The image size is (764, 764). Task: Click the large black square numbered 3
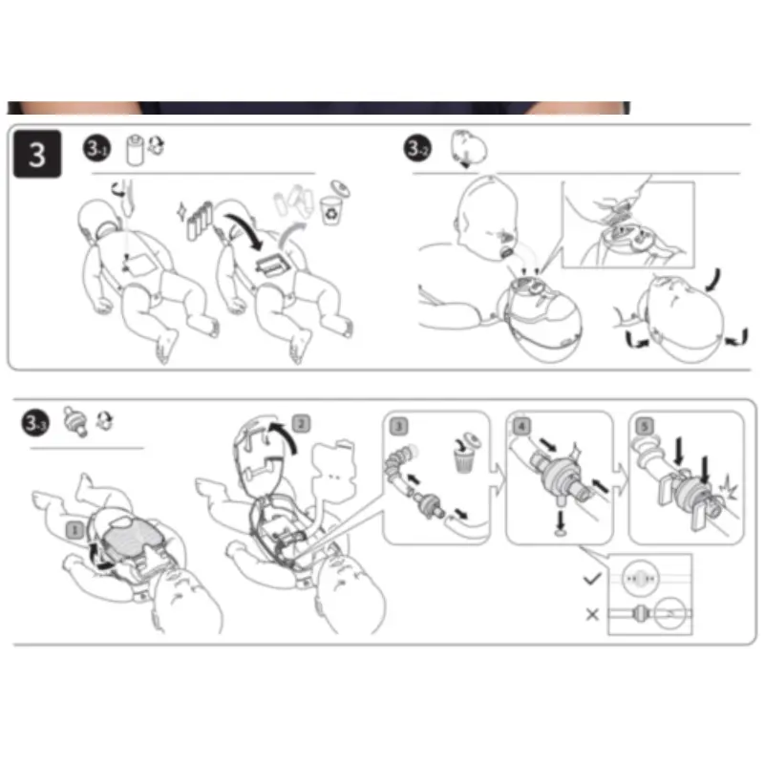[x=37, y=154]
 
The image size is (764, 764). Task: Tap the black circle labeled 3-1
[x=97, y=148]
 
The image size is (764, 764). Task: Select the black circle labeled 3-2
[x=417, y=148]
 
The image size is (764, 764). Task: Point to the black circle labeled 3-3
[x=35, y=422]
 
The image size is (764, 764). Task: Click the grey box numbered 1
[x=74, y=530]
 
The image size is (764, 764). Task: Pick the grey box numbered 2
[x=301, y=424]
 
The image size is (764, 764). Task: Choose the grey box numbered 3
[x=399, y=426]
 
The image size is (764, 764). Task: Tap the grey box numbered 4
[x=521, y=426]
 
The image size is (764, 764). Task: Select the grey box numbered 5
[x=645, y=426]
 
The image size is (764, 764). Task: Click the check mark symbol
[x=592, y=579]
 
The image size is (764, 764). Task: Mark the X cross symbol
[x=592, y=614]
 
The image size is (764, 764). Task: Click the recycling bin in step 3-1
[x=331, y=210]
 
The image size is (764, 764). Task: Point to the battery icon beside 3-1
[x=135, y=151]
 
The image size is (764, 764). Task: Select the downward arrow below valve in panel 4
[x=561, y=520]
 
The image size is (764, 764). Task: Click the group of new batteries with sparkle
[x=196, y=221]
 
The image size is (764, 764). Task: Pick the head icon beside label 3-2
[x=468, y=148]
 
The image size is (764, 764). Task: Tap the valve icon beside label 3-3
[x=76, y=421]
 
